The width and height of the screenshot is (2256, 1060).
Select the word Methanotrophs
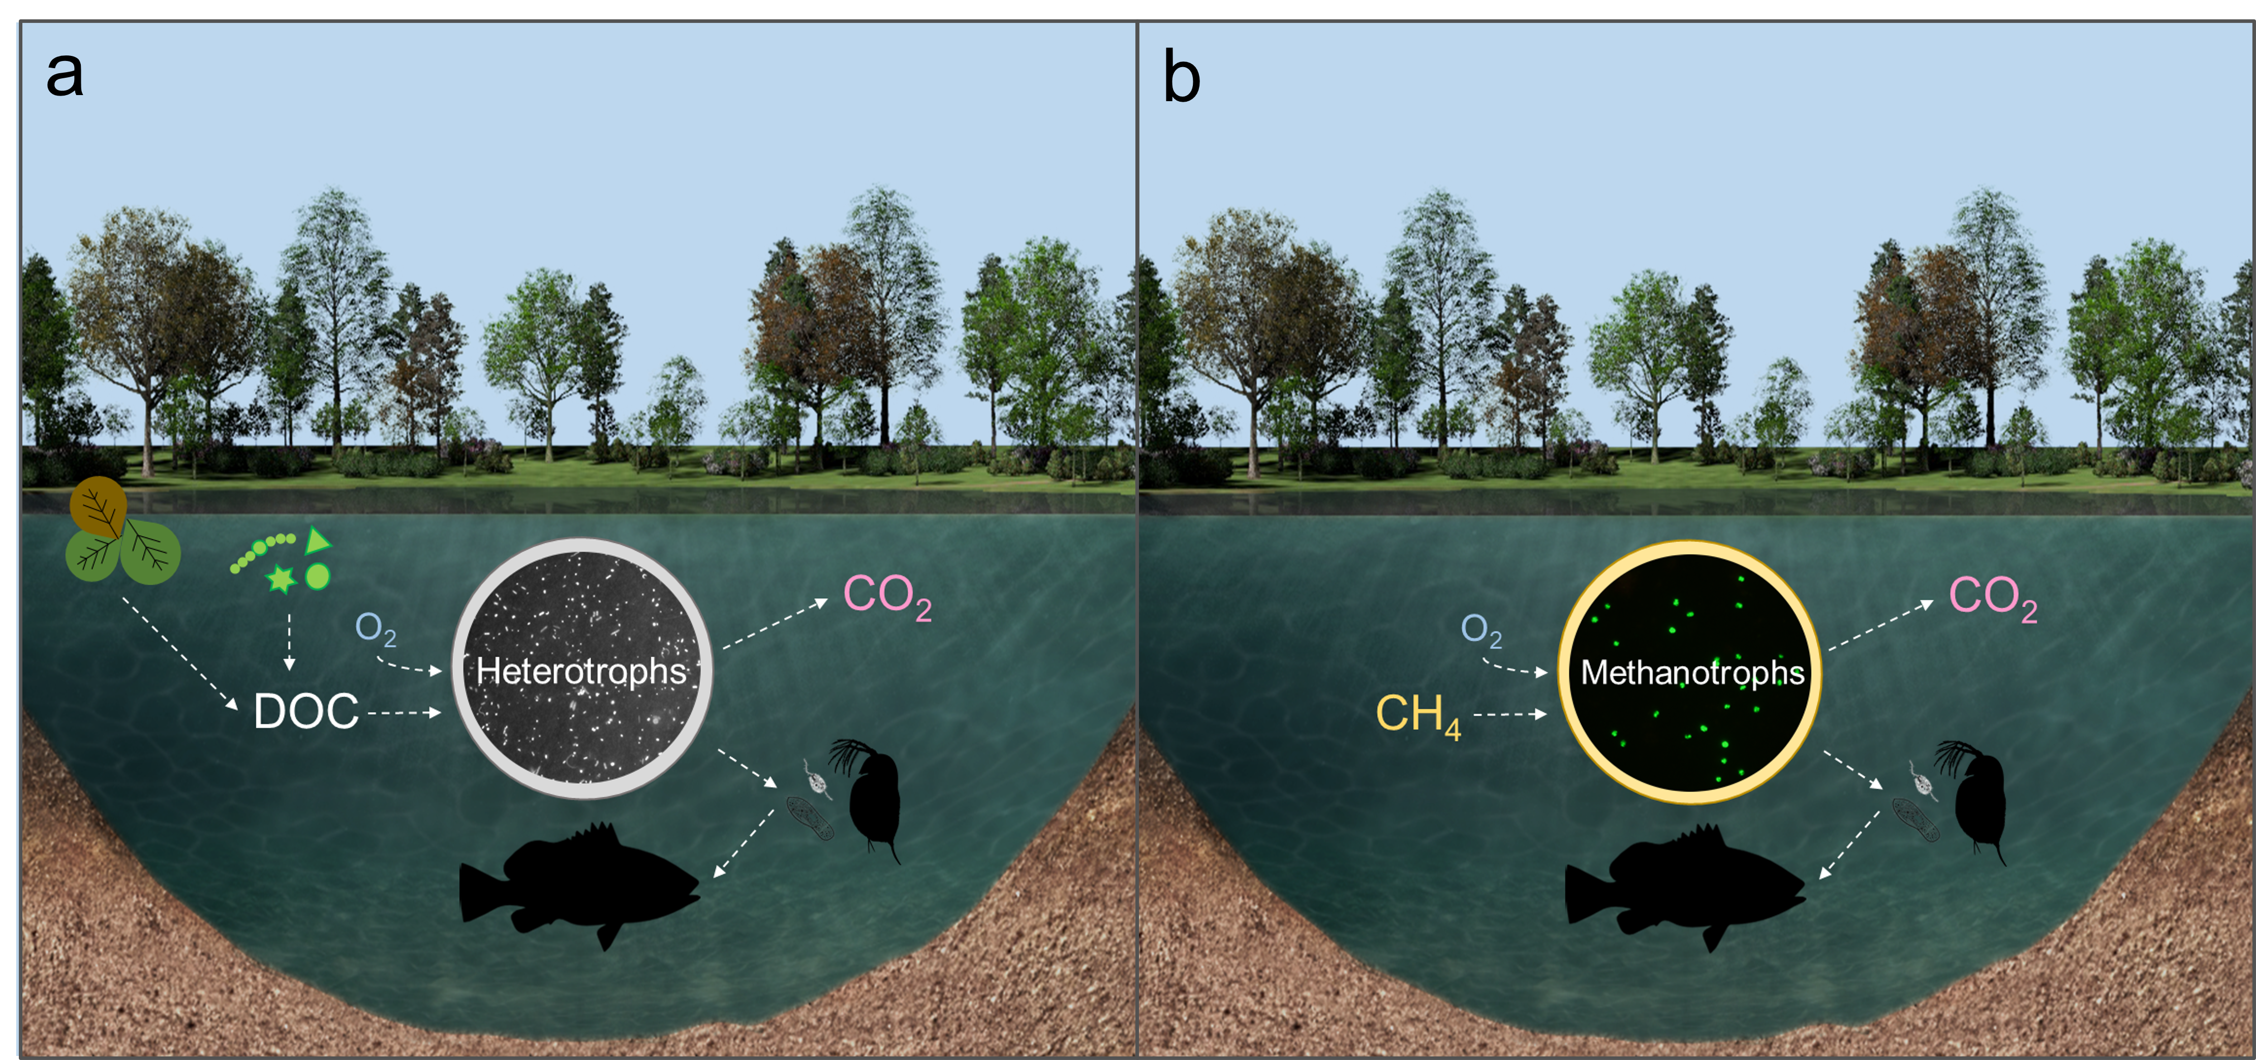click(1692, 673)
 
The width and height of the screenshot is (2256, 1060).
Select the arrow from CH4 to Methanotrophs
click(1510, 715)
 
